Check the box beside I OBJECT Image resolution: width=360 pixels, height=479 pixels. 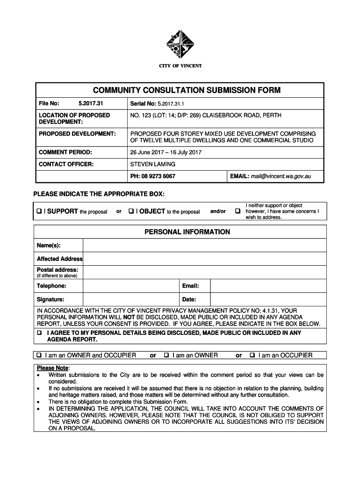(131, 211)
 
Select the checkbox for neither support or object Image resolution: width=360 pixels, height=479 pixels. (238, 211)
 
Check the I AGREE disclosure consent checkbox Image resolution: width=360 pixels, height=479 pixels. (40, 333)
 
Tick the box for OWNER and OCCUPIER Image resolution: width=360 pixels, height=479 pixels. (40, 356)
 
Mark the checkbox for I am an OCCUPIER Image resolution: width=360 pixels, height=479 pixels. (252, 356)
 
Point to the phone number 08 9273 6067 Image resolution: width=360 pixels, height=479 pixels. (159, 176)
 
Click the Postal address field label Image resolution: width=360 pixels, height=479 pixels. (58, 270)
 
